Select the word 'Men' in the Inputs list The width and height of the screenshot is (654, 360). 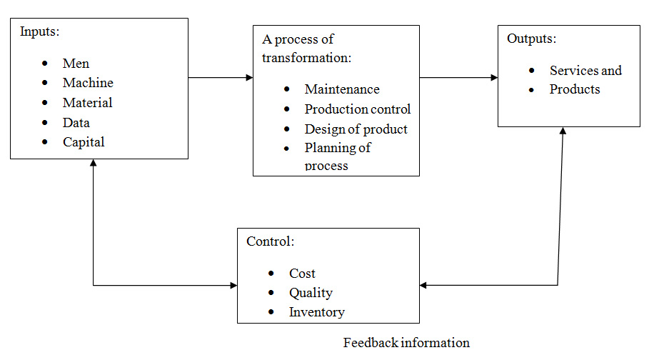coord(76,64)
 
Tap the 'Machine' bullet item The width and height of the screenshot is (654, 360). coord(88,84)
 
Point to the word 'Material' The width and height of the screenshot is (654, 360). coord(87,103)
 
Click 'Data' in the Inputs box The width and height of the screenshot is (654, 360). coord(76,123)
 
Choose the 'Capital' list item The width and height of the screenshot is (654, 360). coord(84,142)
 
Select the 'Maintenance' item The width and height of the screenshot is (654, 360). coord(342,89)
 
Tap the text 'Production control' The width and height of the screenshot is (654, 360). coord(357,109)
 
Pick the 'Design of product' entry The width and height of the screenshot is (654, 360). coord(356,129)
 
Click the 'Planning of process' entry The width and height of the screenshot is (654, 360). coord(337,156)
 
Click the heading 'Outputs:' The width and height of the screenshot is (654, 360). coord(530,39)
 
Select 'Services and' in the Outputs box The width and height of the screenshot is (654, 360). coord(585,71)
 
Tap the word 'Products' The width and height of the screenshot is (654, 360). coord(575,90)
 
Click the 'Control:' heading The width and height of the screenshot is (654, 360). coord(270,241)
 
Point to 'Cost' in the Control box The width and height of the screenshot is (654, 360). coord(302,274)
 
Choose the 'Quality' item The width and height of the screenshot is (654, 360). coord(311,293)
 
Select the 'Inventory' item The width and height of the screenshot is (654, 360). coord(316,312)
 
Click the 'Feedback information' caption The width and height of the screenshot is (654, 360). coord(406,343)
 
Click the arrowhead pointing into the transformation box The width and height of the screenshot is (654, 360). coord(249,77)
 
